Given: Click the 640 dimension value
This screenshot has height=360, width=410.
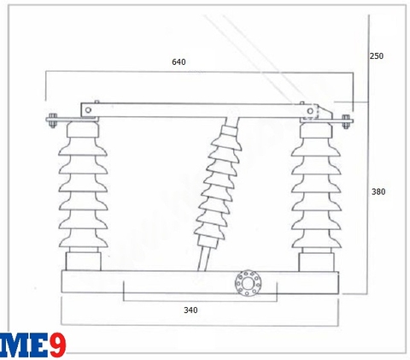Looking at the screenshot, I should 179,62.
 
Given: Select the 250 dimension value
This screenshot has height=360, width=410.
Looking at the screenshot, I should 377,56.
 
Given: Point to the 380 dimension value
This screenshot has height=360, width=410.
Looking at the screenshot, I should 378,192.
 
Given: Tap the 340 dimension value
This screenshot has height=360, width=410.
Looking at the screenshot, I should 190,310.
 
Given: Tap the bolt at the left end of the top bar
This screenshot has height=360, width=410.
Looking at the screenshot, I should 51,119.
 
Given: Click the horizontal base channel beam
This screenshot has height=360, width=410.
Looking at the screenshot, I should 196,281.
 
